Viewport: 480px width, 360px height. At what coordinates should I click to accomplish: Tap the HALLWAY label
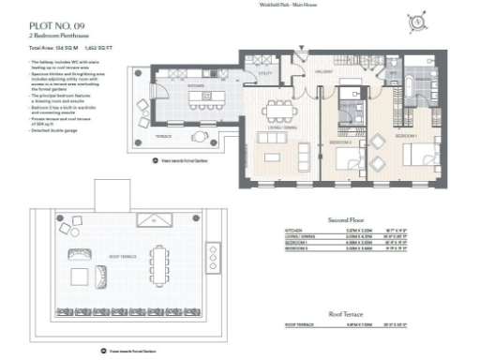[325, 71]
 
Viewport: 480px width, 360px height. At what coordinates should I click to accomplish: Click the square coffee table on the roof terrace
[100, 276]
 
